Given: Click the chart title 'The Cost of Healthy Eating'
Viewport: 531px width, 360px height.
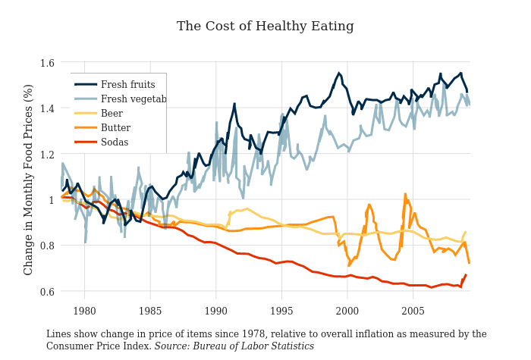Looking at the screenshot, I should (x=265, y=27).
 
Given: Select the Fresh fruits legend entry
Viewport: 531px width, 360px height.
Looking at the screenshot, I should (x=127, y=85).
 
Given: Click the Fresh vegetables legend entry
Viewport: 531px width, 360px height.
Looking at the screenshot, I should (x=133, y=99).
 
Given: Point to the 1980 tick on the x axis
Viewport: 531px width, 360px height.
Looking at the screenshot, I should (x=84, y=311).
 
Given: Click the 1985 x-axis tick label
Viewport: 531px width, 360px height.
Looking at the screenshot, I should (x=150, y=311).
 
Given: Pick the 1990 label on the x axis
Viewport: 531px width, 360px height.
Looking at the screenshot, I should (x=216, y=311).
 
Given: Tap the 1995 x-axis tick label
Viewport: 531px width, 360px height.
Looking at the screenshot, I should (x=281, y=311).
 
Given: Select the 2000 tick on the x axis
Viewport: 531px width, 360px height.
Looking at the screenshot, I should (x=347, y=311).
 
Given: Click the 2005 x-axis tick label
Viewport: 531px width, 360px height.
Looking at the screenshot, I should (x=413, y=311).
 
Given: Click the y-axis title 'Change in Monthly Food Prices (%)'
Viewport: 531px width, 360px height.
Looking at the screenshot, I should (x=29, y=180).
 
